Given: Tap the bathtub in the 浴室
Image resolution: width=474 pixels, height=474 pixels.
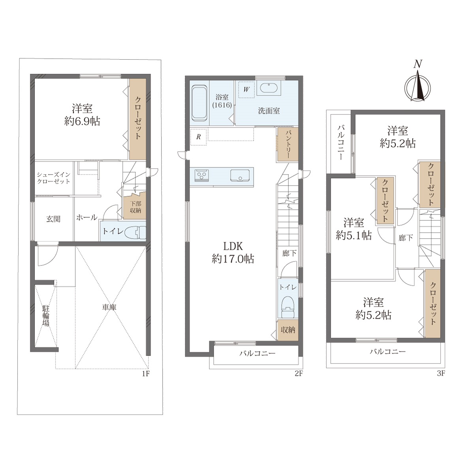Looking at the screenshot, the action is coord(199,103).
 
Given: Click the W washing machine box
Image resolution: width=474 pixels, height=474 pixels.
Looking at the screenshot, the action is coord(246,89).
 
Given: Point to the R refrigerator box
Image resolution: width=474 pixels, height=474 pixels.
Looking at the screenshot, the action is coord(199,137).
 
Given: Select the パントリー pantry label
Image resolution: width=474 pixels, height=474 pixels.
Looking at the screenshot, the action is coord(288,145).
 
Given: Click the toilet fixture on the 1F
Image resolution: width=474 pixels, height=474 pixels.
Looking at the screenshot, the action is coord(136,232).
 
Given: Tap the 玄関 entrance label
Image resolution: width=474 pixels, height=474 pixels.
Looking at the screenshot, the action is coord(53,219).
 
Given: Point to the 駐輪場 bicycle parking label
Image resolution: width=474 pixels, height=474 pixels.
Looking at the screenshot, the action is coord(46,316).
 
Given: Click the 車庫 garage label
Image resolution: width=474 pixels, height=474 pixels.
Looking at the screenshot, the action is coord(109,307).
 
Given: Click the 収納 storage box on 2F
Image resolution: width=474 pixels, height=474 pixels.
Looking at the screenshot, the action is coord(288,330).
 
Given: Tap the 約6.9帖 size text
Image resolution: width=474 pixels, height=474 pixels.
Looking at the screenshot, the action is coord(82,122).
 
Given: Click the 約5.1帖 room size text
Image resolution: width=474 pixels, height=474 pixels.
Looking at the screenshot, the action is coord(354,236).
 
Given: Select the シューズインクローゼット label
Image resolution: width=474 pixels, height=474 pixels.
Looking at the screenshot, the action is coord(53,178).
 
